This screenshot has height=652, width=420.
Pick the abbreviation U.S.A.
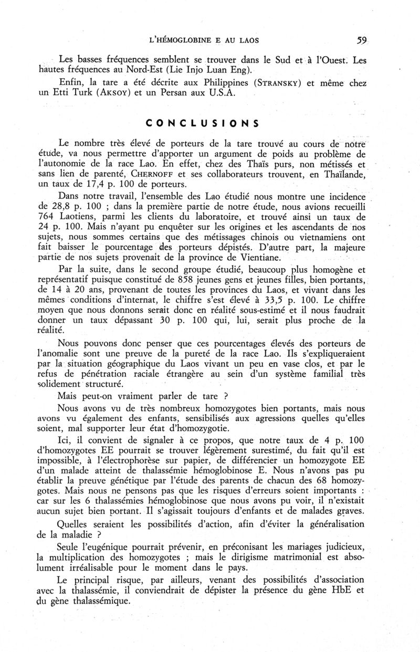tap(239, 96)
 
